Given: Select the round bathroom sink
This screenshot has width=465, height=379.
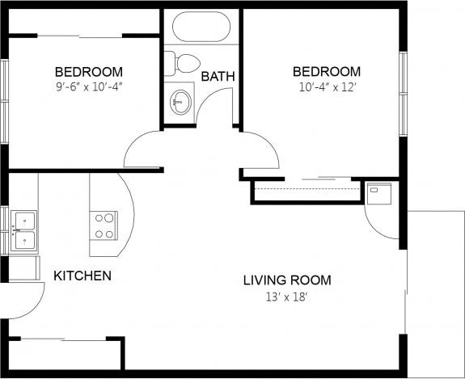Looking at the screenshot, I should (182, 102).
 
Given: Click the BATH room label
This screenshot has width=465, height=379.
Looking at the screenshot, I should (218, 77).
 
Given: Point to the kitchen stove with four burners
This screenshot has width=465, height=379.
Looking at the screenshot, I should (104, 225).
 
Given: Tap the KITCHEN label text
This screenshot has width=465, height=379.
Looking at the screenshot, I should (82, 276).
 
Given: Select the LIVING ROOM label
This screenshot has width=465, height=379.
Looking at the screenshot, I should (287, 280).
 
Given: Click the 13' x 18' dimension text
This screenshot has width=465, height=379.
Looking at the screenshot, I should (287, 297).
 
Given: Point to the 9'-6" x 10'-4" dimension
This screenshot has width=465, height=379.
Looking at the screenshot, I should (89, 86).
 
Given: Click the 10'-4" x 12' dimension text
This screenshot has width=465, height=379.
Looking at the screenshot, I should (327, 86).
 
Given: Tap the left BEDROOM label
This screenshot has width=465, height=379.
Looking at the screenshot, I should (89, 71).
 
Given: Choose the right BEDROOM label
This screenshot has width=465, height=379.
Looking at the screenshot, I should (327, 71).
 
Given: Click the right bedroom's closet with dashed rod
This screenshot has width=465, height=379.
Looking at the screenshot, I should (306, 192).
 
